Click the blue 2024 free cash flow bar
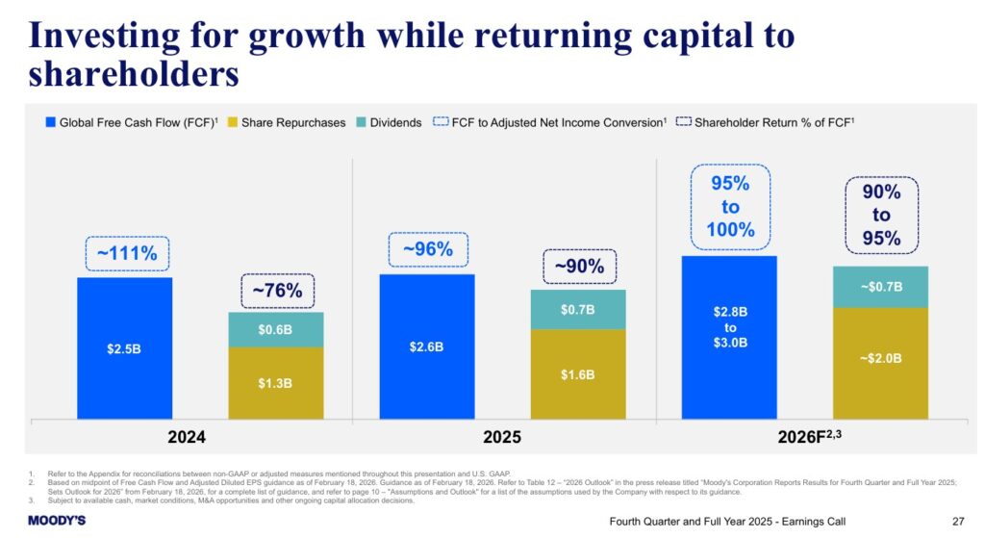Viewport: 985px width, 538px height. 124,347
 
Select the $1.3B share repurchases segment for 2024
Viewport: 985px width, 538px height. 276,383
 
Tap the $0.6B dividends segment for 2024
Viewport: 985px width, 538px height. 276,329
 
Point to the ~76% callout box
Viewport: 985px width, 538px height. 277,289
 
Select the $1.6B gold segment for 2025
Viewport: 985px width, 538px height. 577,374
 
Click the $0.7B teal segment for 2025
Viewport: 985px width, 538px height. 577,309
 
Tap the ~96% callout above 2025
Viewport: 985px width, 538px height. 428,249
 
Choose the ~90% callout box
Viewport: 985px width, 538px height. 578,267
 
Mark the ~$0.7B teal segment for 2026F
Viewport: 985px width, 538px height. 880,287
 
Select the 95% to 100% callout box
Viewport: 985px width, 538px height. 730,208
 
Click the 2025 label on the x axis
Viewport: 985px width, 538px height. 502,437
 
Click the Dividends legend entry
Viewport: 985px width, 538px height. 390,122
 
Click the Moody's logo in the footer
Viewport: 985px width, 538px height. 57,521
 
